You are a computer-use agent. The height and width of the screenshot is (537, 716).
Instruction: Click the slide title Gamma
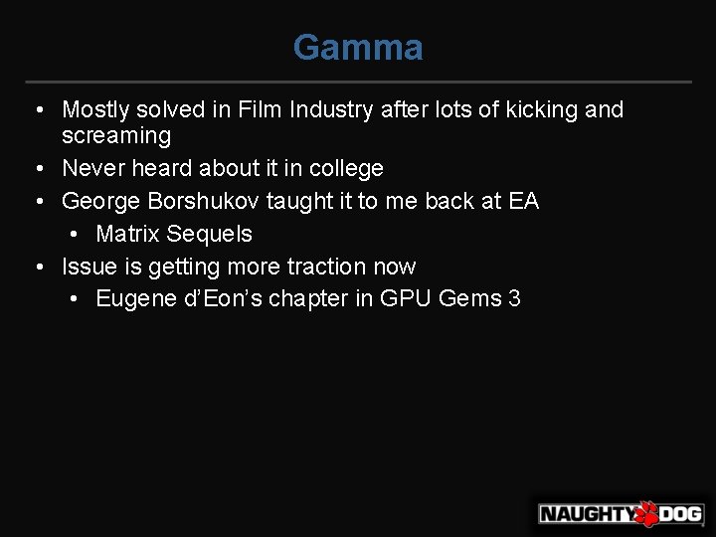coord(358,47)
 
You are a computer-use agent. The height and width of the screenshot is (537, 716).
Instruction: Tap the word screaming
coord(116,135)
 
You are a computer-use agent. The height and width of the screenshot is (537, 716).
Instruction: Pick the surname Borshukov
coord(206,201)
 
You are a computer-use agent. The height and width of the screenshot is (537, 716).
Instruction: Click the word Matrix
coord(125,234)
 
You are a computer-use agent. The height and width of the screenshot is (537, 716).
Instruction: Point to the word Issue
coord(86,267)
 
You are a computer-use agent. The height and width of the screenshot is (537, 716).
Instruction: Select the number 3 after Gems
coord(513,298)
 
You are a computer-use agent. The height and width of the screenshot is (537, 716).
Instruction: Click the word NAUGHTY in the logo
coord(586,514)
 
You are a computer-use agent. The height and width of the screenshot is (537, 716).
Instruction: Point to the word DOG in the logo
coord(681,514)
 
